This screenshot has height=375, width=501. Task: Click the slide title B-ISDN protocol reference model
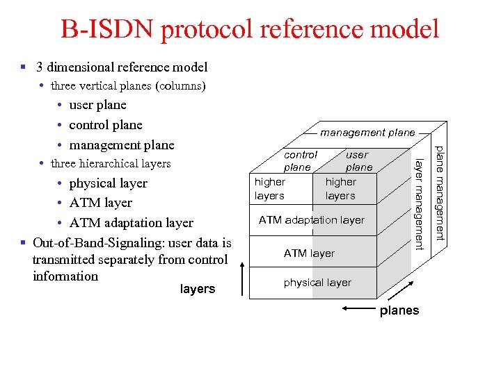250,29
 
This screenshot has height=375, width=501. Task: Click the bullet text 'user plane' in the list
97,105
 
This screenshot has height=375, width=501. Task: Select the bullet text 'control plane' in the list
105,125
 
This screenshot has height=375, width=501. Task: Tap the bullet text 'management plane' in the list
122,145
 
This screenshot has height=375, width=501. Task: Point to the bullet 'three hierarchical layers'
111,164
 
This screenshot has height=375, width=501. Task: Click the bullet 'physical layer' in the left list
108,183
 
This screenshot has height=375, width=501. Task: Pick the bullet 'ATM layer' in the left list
100,203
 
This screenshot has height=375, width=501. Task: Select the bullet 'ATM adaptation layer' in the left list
131,223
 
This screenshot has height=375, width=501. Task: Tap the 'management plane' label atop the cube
367,132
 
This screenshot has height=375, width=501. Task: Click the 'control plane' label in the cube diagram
299,161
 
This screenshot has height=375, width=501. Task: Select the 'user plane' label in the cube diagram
358,161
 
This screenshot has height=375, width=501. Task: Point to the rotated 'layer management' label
419,203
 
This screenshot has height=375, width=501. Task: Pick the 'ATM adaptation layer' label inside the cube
311,220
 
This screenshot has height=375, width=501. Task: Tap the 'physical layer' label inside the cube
317,283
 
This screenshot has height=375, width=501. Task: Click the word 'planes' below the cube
399,310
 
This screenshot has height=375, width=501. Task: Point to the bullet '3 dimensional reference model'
122,67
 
